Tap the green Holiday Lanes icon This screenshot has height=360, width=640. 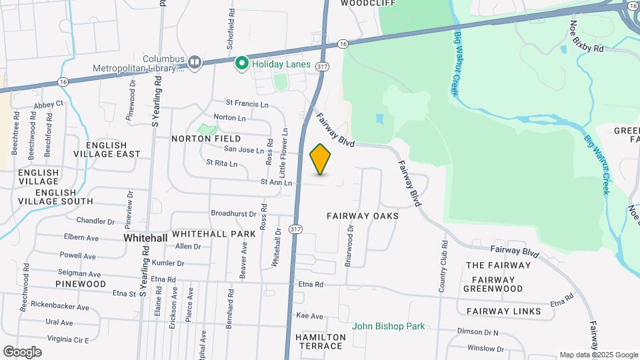pos(241,63)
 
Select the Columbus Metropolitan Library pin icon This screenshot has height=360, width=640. pos(195,63)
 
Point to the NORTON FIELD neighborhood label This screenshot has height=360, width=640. pos(197,139)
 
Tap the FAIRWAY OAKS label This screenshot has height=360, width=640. pos(363,216)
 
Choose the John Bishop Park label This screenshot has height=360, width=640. pos(389,326)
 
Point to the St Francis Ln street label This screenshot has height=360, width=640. pos(247,104)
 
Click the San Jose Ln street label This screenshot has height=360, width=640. pos(243,150)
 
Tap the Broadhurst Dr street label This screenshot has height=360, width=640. pos(233,214)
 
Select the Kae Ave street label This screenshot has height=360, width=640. pos(309,316)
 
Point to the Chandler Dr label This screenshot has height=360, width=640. pos(96,221)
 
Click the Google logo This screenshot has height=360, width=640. pos(22,352)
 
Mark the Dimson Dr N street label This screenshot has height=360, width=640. pos(478,331)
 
